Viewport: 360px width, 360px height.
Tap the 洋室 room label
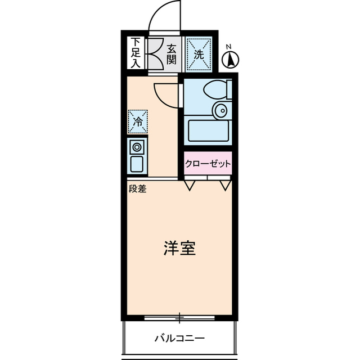coord(179,248)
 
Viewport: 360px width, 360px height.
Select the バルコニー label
coord(179,338)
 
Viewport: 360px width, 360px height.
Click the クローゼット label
coord(208,164)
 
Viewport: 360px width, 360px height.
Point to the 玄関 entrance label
coord(172,55)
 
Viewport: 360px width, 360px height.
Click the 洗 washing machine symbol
coord(199,55)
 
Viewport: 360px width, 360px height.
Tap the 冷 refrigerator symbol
coord(137,120)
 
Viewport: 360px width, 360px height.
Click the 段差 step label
coord(137,190)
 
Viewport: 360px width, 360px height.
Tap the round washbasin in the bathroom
coord(220,110)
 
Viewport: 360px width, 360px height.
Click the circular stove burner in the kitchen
coord(137,147)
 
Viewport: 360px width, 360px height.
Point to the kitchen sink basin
coord(137,164)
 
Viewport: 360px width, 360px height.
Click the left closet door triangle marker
coord(190,184)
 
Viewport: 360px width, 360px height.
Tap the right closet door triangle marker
coord(226,184)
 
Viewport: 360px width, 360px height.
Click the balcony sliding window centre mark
coord(179,318)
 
